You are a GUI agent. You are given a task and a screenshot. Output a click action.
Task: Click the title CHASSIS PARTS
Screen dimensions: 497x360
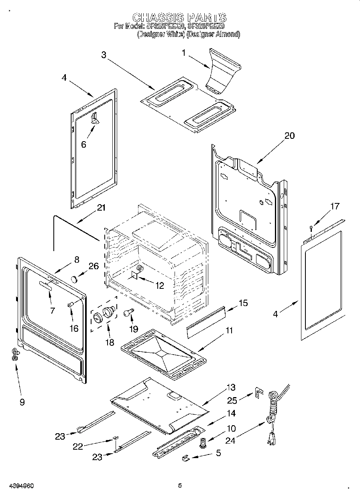[179, 17]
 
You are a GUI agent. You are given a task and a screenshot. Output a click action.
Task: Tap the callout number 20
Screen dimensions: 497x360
[289, 136]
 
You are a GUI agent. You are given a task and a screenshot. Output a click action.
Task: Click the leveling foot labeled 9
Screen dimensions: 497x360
[15, 354]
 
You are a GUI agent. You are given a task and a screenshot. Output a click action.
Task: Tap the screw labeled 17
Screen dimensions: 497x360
[311, 229]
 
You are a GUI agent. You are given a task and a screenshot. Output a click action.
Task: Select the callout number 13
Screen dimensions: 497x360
[231, 387]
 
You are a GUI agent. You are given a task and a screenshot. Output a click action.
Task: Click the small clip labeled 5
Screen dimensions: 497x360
[186, 457]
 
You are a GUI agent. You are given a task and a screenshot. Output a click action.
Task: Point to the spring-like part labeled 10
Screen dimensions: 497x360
[203, 442]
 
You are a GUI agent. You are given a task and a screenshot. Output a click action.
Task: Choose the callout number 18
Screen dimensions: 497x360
[109, 343]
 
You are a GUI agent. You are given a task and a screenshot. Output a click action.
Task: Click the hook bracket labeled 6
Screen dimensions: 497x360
[95, 118]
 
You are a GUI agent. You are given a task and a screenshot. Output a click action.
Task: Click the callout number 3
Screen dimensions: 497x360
[104, 55]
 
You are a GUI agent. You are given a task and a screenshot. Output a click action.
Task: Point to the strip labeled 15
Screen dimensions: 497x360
[205, 320]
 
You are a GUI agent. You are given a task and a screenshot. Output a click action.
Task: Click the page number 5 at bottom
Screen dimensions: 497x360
[180, 486]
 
